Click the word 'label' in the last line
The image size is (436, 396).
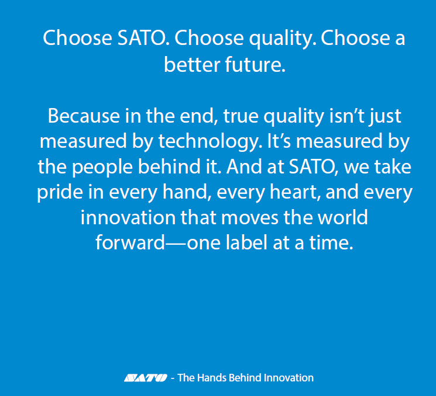point(252,242)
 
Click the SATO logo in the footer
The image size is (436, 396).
point(145,378)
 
